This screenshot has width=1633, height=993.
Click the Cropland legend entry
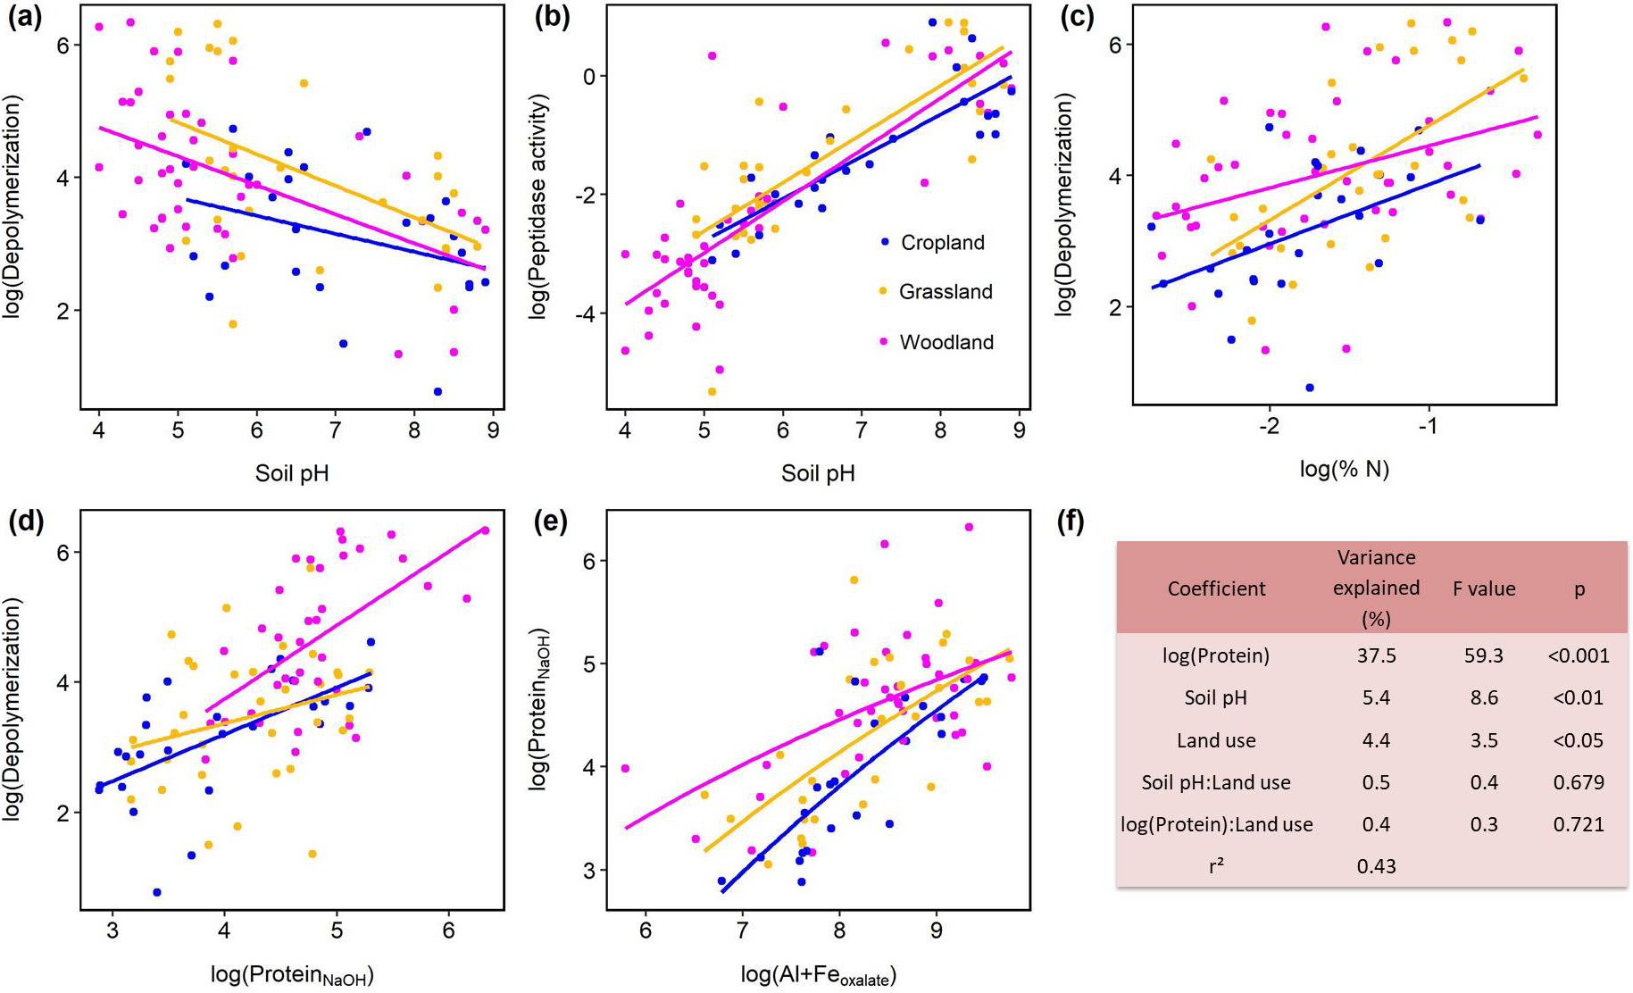tap(942, 243)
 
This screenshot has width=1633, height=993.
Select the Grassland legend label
tap(946, 292)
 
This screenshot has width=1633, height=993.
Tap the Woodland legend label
tap(946, 342)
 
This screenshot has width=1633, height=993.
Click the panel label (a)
tap(24, 18)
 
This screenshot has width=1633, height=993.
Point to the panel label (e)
tap(550, 522)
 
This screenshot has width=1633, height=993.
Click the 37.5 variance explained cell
tap(1376, 655)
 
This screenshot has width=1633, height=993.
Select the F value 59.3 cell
tap(1484, 655)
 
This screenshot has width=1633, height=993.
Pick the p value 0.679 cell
tap(1579, 782)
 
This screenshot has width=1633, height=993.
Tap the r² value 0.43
tap(1376, 865)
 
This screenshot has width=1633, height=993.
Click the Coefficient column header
tap(1216, 588)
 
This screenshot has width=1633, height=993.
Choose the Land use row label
tap(1216, 740)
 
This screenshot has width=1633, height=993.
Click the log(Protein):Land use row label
tap(1216, 824)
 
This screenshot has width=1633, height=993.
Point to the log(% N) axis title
tap(1344, 469)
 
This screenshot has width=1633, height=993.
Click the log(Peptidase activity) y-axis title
tap(539, 207)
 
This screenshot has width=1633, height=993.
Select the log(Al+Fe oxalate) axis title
tap(818, 975)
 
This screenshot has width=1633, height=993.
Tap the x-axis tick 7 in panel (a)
tap(335, 430)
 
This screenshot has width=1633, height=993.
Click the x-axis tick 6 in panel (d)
tap(448, 930)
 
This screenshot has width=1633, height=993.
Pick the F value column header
tap(1484, 588)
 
